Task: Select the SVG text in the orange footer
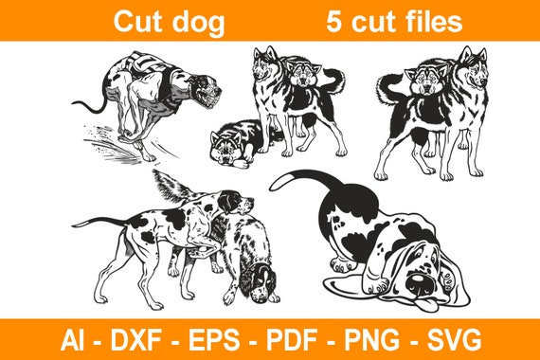452,338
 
